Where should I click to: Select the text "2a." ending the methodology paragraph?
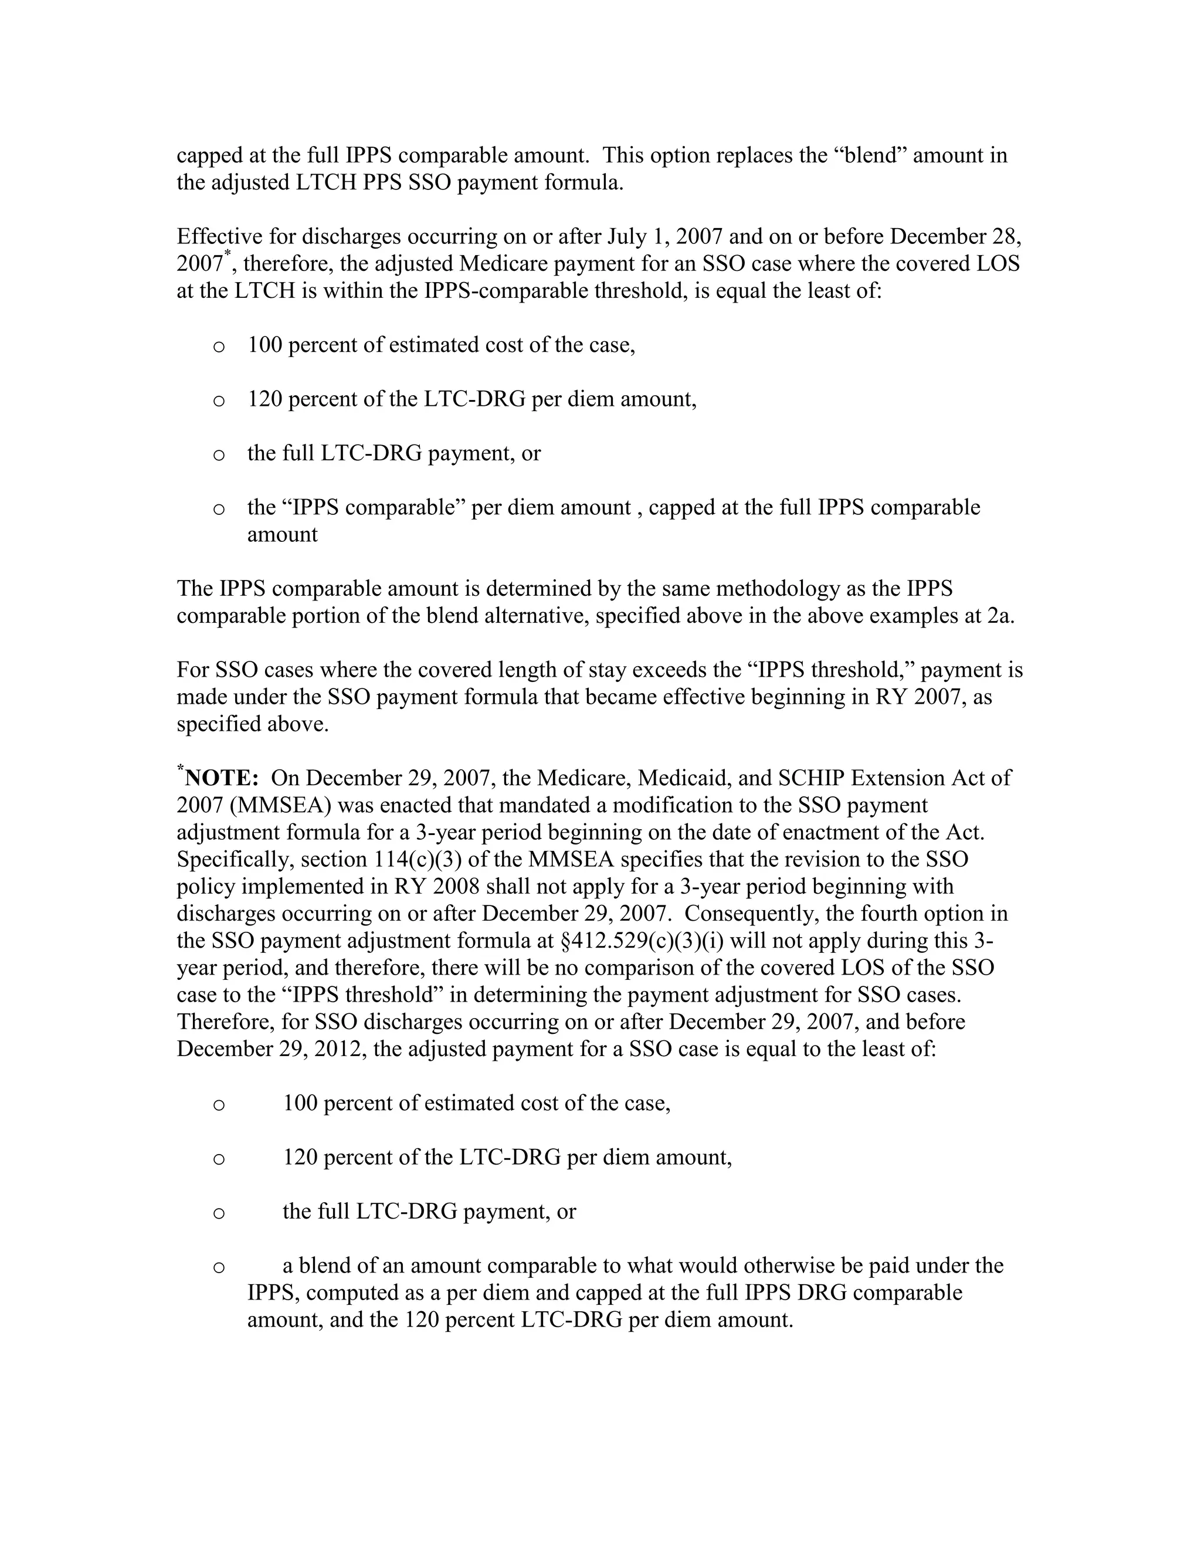click(x=1000, y=616)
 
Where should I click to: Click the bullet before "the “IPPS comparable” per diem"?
click(x=219, y=509)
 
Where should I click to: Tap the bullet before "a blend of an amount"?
click(x=219, y=1267)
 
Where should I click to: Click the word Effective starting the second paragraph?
click(x=219, y=236)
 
